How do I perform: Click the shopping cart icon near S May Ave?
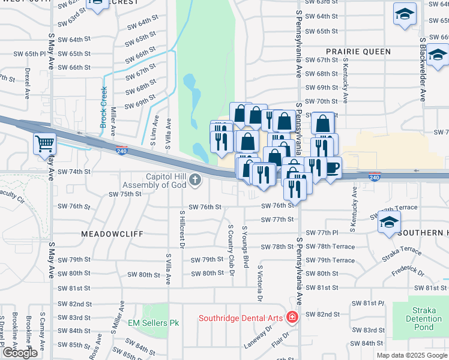pyautogui.click(x=44, y=145)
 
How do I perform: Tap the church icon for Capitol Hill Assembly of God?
pyautogui.click(x=194, y=179)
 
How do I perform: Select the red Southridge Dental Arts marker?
pyautogui.click(x=292, y=316)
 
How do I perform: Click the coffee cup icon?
pyautogui.click(x=331, y=167)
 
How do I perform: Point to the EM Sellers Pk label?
pyautogui.click(x=154, y=323)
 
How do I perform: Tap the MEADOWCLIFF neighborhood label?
pyautogui.click(x=112, y=233)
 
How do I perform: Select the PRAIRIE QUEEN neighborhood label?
pyautogui.click(x=358, y=52)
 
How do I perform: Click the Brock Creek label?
pyautogui.click(x=104, y=107)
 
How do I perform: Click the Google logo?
pyautogui.click(x=20, y=353)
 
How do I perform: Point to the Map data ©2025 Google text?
pyautogui.click(x=412, y=355)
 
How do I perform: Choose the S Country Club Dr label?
pyautogui.click(x=231, y=247)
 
